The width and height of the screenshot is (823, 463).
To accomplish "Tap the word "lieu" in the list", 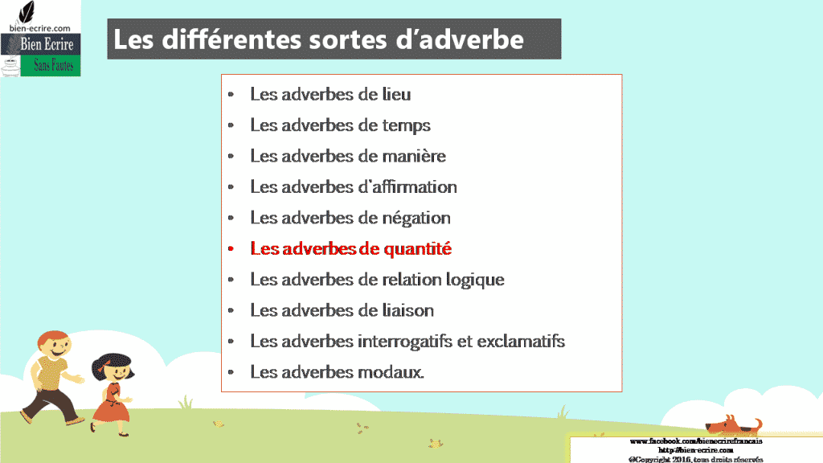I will [x=395, y=94].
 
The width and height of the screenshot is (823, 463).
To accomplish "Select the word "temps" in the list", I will [x=407, y=125].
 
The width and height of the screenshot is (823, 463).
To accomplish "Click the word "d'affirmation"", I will [x=407, y=187].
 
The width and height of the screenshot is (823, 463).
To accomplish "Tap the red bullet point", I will [x=231, y=249].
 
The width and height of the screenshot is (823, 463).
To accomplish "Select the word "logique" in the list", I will [x=473, y=280].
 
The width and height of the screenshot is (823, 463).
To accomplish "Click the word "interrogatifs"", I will [x=407, y=342].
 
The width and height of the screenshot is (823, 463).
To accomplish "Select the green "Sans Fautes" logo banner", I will [x=54, y=65].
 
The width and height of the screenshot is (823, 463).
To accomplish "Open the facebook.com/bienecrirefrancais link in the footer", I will [x=695, y=441].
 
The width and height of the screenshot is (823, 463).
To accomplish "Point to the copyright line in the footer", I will [x=696, y=459].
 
